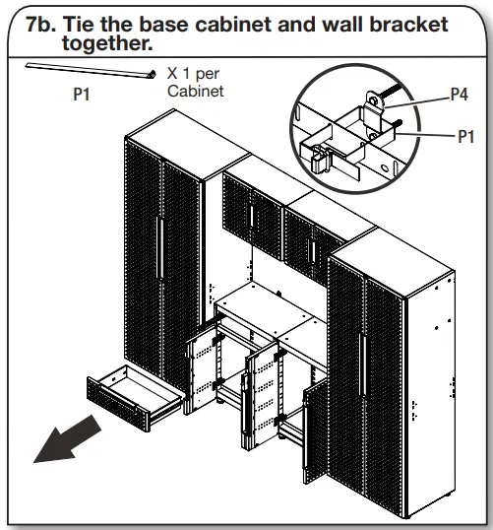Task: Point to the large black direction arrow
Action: click(67, 438)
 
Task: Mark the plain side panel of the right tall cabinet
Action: click(429, 374)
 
